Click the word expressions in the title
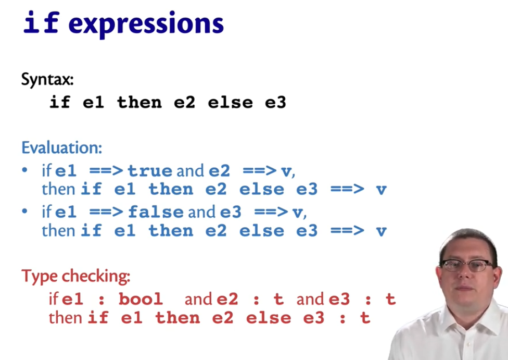click(146, 24)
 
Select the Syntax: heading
click(47, 80)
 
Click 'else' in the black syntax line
click(231, 103)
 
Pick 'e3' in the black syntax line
click(275, 103)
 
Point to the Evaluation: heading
click(61, 147)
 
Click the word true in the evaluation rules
click(150, 171)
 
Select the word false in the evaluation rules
click(156, 212)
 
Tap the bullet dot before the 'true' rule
click(24, 170)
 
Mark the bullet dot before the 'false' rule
click(24, 212)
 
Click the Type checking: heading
click(76, 276)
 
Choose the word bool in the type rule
click(141, 299)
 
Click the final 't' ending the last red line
click(365, 318)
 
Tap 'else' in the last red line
click(269, 318)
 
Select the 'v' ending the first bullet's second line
click(382, 190)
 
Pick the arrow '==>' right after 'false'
click(271, 212)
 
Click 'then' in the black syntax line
click(139, 103)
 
